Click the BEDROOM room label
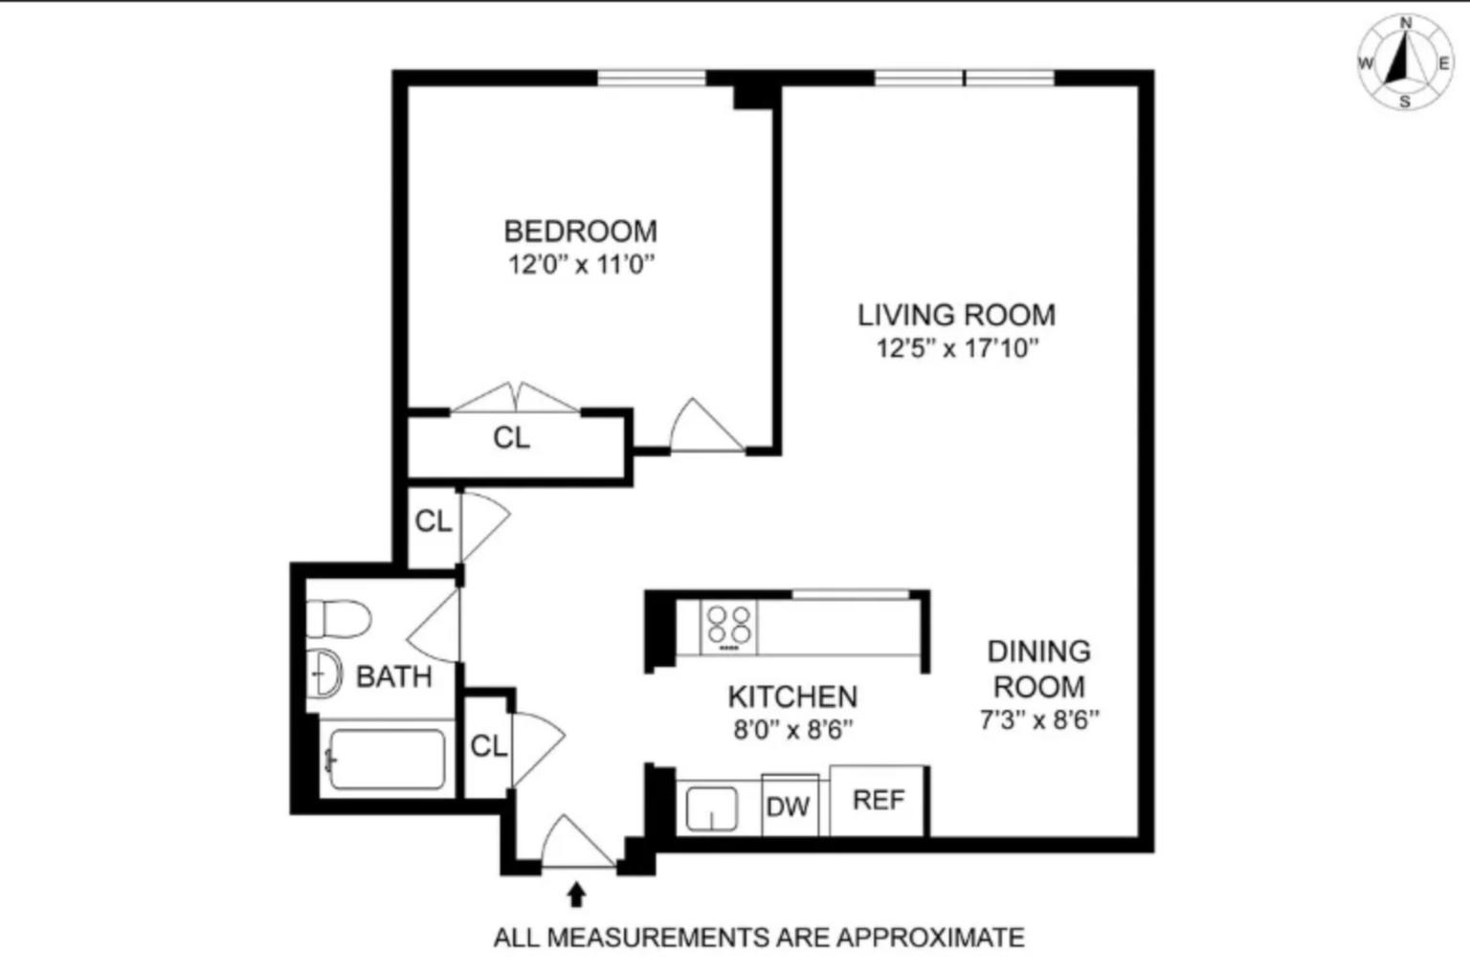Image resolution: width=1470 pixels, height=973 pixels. [x=580, y=232]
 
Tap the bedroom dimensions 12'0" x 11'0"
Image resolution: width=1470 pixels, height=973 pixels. [x=580, y=265]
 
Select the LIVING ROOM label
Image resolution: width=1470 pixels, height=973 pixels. [x=956, y=315]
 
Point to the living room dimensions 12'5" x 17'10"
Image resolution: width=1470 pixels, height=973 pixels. [x=956, y=348]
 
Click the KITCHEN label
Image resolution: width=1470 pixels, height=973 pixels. [x=792, y=697]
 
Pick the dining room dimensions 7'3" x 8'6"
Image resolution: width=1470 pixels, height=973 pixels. [x=1038, y=719]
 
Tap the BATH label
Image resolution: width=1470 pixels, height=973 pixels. [x=393, y=677]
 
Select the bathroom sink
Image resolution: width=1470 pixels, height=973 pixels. [x=326, y=674]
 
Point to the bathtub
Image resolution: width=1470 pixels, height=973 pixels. [x=387, y=760]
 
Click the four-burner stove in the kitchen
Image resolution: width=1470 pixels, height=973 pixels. [x=728, y=628]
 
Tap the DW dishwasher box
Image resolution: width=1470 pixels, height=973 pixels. [x=789, y=806]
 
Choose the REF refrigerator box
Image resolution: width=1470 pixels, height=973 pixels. [x=878, y=800]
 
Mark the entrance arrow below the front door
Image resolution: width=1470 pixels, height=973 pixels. [x=576, y=894]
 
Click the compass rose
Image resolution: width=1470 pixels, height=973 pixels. [x=1404, y=63]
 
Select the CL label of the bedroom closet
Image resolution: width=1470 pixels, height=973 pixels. [x=511, y=438]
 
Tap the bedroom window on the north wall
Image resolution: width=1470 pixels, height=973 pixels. [x=652, y=77]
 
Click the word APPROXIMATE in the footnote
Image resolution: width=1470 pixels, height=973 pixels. [x=929, y=938]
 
